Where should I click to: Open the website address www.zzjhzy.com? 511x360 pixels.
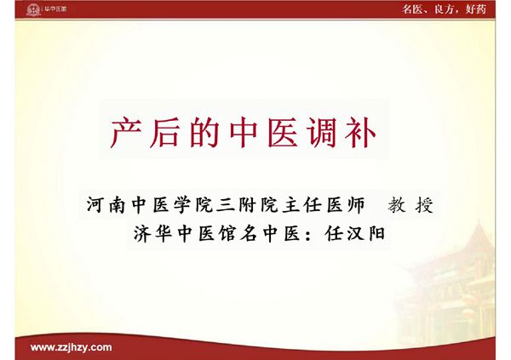pos(71,347)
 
